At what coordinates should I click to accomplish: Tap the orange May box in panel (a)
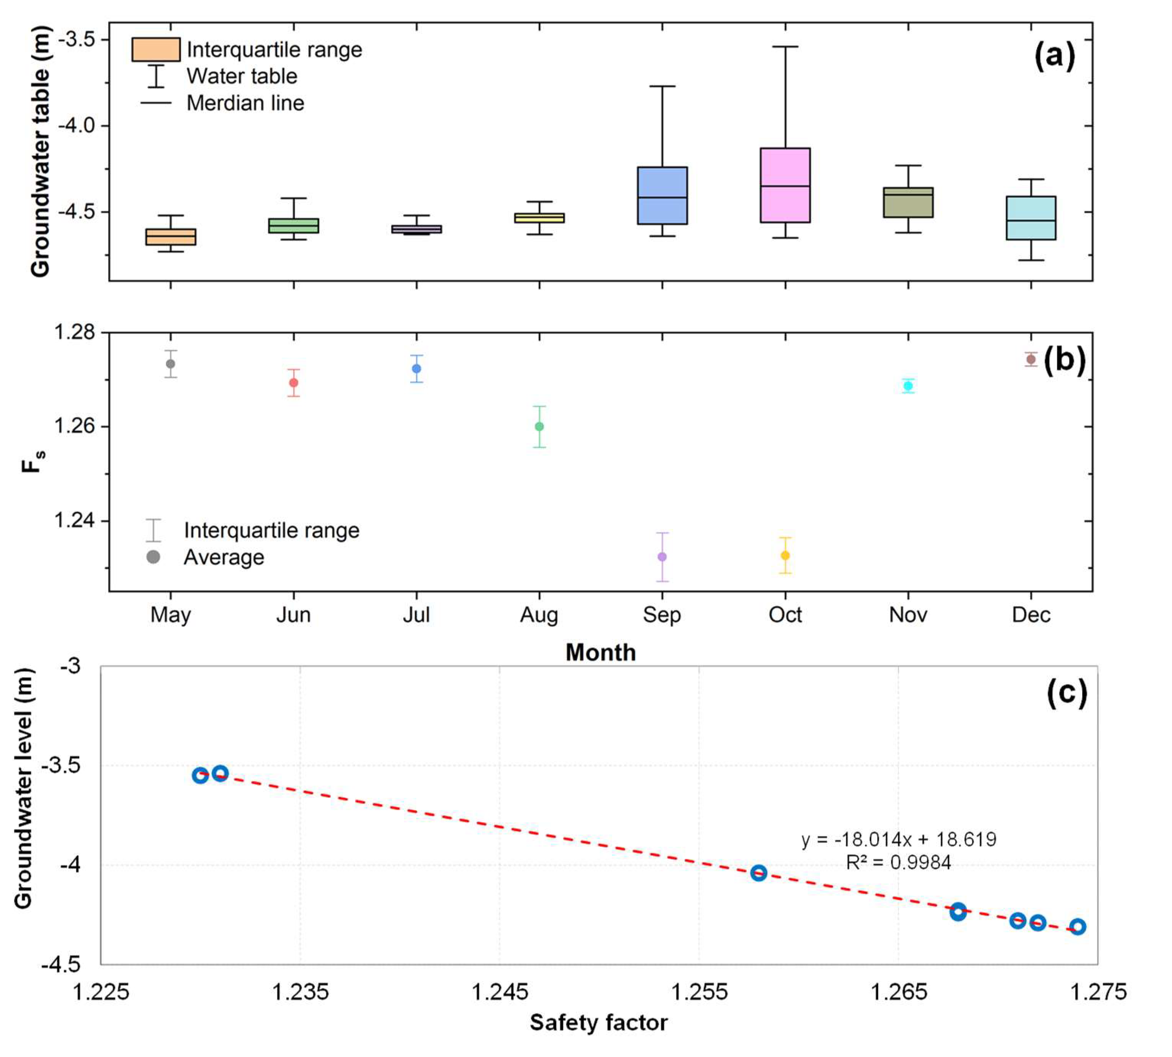click(x=170, y=236)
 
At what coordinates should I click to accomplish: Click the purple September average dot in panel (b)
click(x=662, y=557)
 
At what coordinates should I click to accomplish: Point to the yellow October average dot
click(x=785, y=555)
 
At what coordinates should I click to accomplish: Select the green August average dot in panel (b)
click(x=539, y=426)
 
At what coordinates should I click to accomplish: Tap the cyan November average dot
click(x=908, y=386)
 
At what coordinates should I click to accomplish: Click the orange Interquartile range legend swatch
click(x=156, y=50)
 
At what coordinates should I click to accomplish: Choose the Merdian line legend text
click(x=245, y=103)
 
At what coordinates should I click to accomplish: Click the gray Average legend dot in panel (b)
click(x=153, y=557)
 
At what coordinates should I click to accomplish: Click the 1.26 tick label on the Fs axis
click(x=74, y=426)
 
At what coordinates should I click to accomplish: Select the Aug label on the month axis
click(x=539, y=615)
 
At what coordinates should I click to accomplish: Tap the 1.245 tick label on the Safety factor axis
click(x=500, y=991)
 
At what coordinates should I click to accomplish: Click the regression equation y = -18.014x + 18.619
click(x=898, y=839)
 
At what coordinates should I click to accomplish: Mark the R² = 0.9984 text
click(x=898, y=862)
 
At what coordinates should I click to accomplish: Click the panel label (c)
click(x=1066, y=692)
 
